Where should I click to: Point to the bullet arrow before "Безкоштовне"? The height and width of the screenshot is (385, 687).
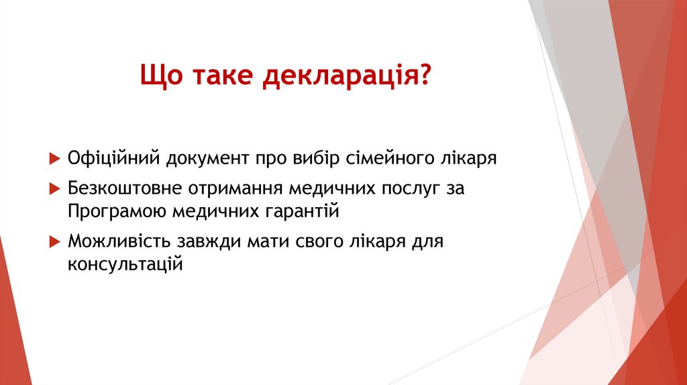(55, 189)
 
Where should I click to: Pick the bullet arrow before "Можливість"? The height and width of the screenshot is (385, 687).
(55, 241)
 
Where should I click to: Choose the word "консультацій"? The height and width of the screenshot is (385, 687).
(125, 264)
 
